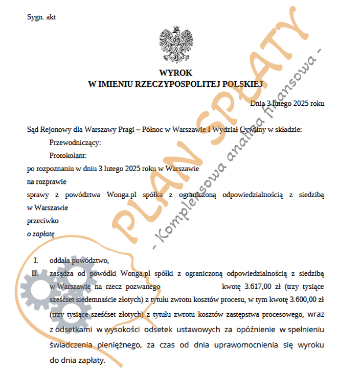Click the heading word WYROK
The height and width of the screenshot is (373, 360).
tap(175, 73)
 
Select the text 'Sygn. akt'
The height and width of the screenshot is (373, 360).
tap(41, 17)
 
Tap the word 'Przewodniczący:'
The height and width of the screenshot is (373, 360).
tap(75, 142)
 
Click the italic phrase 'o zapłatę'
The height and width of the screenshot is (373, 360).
tap(40, 234)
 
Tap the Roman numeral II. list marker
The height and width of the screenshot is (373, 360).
tap(35, 274)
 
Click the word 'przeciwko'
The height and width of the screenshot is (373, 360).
tap(42, 221)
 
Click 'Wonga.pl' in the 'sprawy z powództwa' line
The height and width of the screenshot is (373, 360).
tap(122, 195)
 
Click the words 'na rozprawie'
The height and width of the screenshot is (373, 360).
tap(47, 181)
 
